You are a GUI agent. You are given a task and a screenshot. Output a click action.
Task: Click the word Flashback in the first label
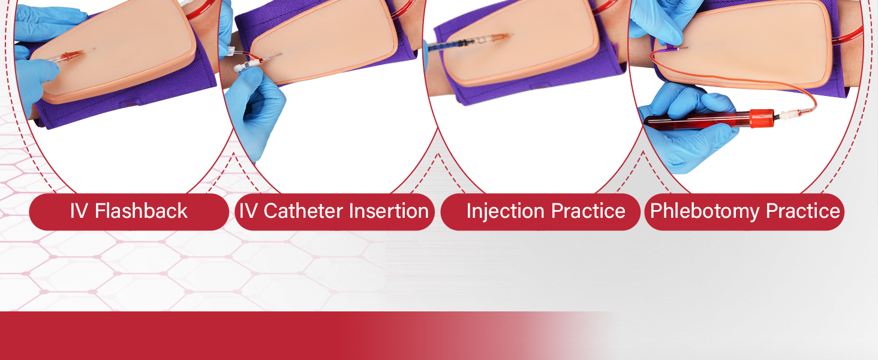pyautogui.click(x=141, y=211)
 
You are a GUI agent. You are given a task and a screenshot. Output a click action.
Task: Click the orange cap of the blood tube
pyautogui.click(x=762, y=118)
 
